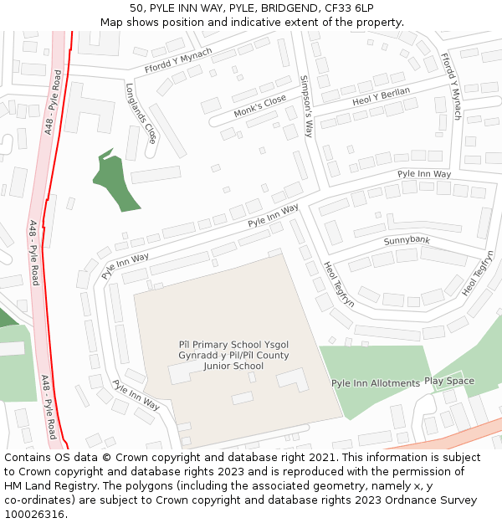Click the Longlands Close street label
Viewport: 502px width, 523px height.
[141, 113]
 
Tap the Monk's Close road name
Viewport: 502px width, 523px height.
[259, 106]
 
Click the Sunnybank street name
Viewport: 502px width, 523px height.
[407, 241]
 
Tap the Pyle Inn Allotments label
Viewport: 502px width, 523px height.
[376, 383]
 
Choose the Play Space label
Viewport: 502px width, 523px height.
[448, 381]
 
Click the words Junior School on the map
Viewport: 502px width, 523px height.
[233, 366]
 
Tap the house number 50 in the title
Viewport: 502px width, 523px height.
[136, 8]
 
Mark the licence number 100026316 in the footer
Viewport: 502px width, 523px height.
[34, 515]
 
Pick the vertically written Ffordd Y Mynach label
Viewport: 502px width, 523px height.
[450, 86]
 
